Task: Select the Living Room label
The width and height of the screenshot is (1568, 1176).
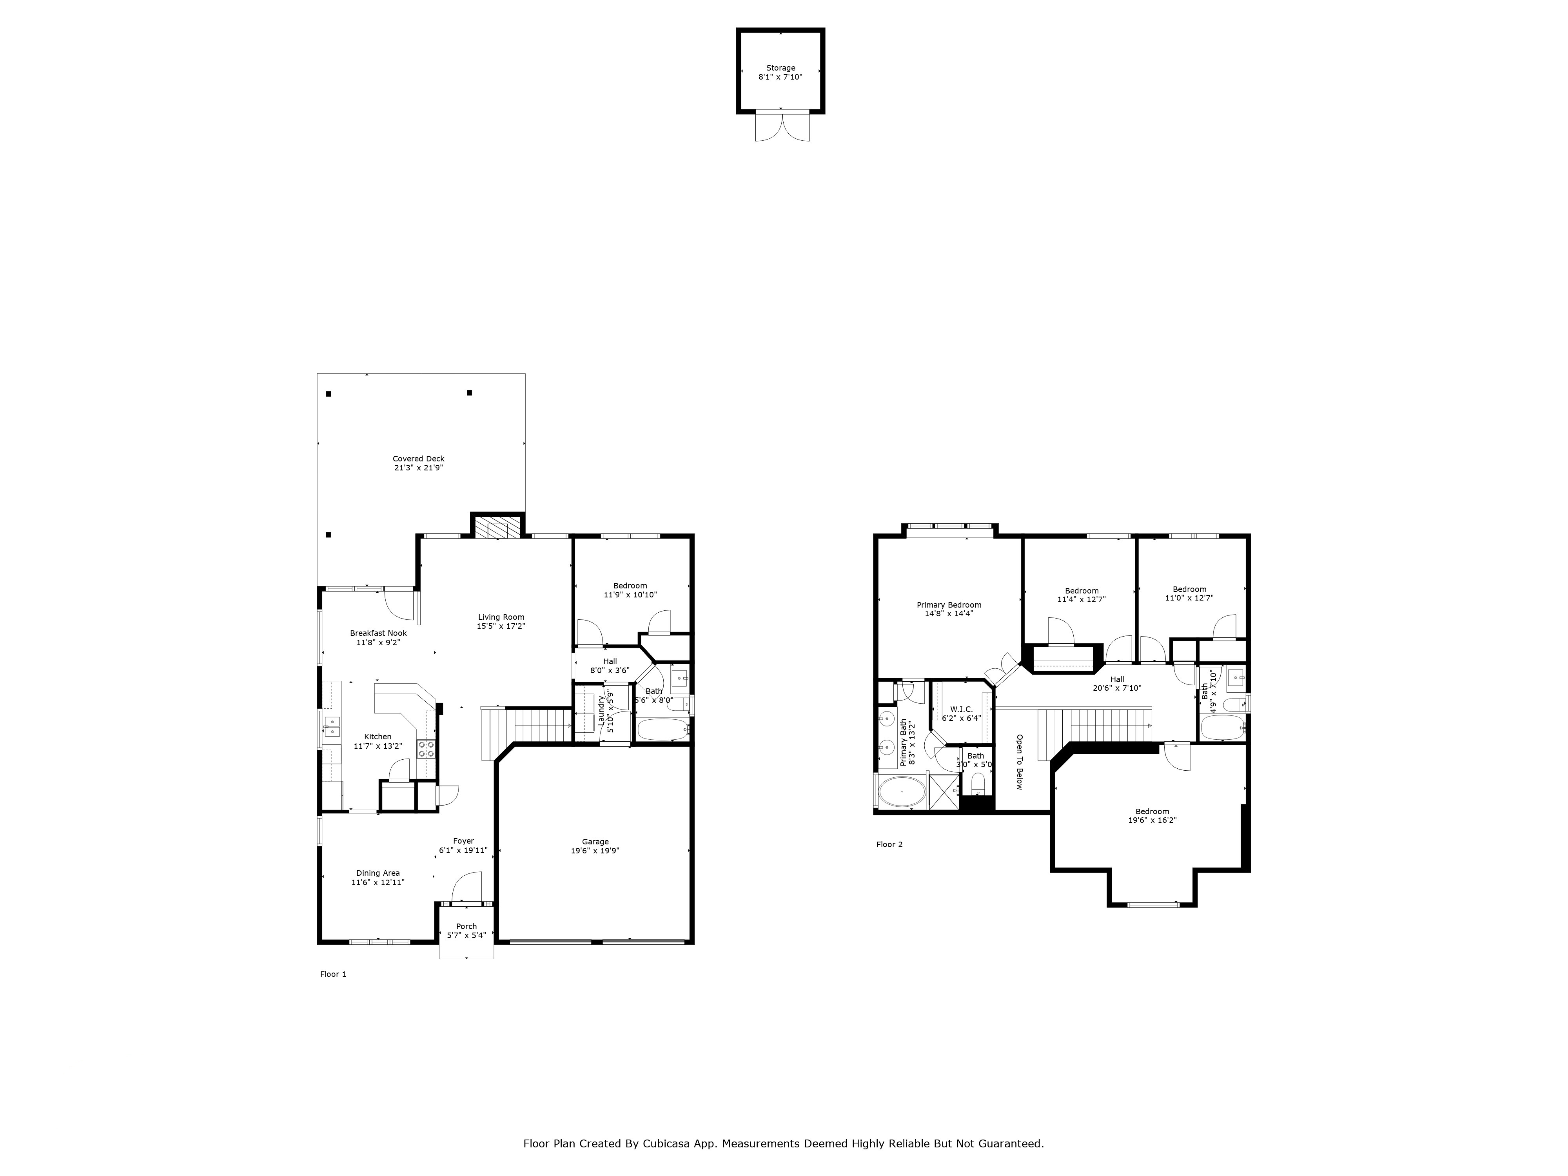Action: point(501,617)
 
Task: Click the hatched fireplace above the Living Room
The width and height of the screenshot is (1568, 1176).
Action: point(497,528)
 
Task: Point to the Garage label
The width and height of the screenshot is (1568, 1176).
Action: point(595,842)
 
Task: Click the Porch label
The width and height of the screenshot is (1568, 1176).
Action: point(466,926)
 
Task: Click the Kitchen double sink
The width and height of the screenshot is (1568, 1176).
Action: point(332,727)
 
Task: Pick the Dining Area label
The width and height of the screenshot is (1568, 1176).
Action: point(378,873)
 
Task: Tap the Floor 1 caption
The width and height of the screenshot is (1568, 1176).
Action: point(333,974)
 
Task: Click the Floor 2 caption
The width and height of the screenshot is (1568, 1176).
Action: point(889,844)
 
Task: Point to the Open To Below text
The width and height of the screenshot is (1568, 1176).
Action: point(1019,762)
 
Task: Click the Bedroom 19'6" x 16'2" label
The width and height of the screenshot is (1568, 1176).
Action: point(1152,812)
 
